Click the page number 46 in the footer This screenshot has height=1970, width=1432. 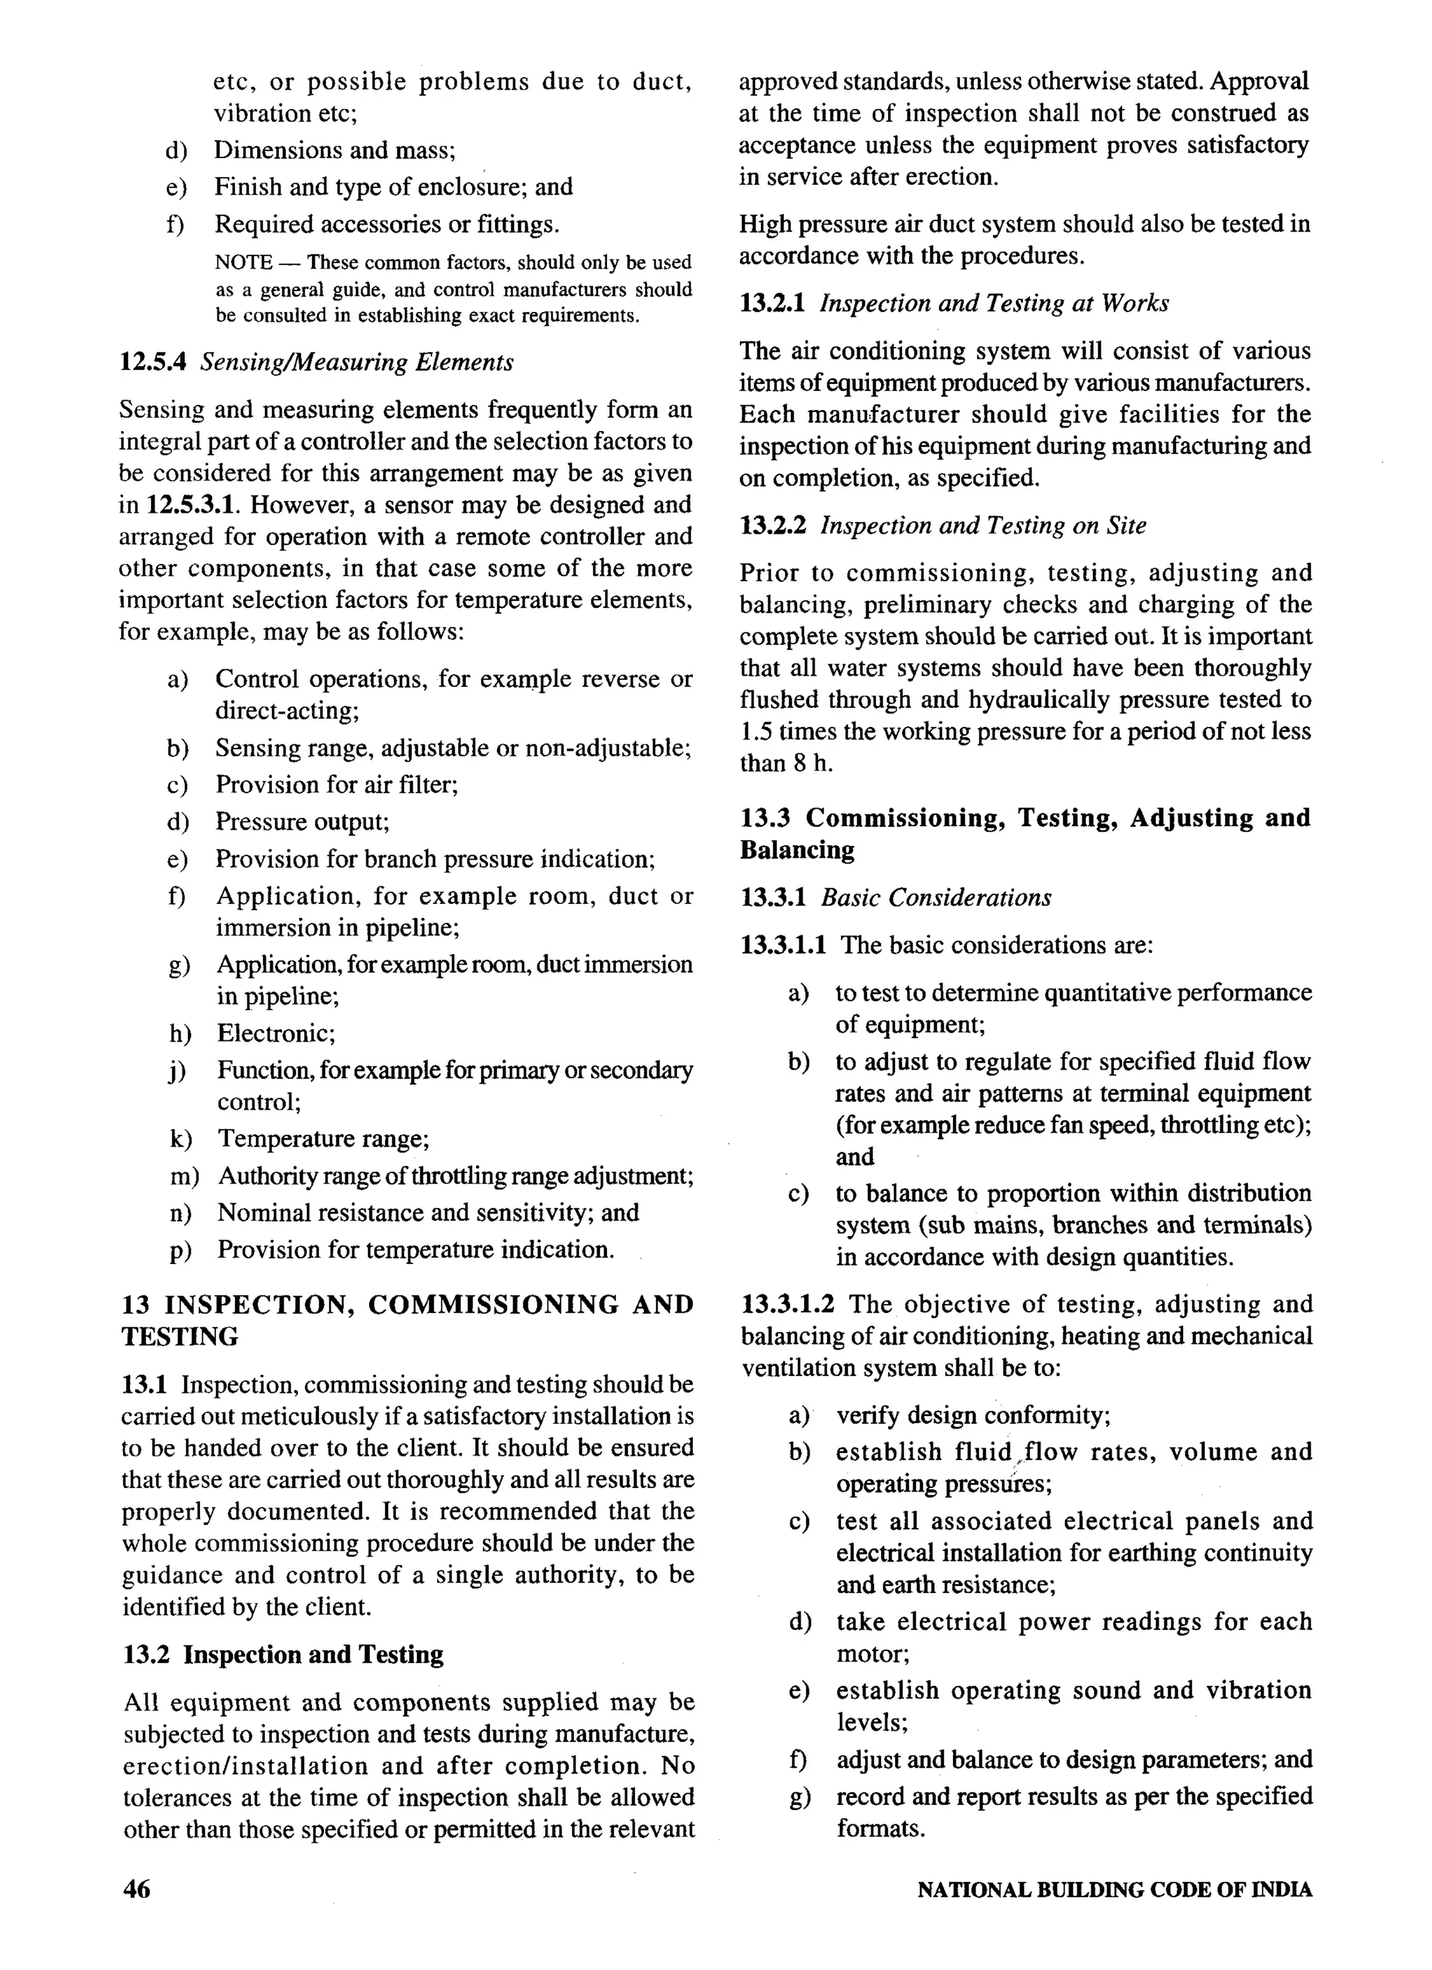point(137,1890)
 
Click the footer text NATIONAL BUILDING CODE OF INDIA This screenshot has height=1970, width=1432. point(1114,1890)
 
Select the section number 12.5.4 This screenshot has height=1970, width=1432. point(153,362)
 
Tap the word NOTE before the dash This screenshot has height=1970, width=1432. point(243,262)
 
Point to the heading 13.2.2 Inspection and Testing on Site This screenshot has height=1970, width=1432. point(943,525)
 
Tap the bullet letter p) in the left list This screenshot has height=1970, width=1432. point(180,1251)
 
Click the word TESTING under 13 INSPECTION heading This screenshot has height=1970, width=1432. point(180,1338)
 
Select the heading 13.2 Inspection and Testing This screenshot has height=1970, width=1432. point(282,1654)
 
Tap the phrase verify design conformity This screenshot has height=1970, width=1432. point(973,1416)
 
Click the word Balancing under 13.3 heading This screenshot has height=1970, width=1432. point(796,851)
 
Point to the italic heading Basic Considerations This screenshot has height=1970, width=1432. point(936,898)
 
